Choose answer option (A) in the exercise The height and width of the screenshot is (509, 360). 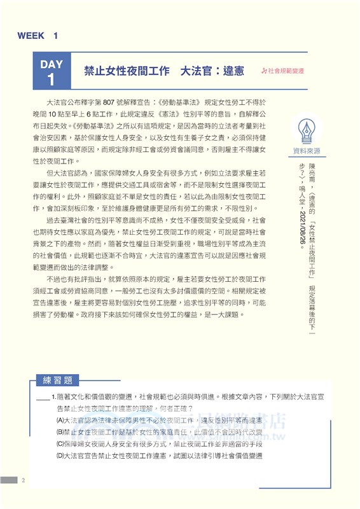(159, 421)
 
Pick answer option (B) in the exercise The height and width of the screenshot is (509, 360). (159, 432)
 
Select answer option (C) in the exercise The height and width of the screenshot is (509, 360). (159, 444)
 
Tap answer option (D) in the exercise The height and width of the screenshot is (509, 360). (159, 456)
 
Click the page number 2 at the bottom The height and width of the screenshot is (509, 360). (24, 479)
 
